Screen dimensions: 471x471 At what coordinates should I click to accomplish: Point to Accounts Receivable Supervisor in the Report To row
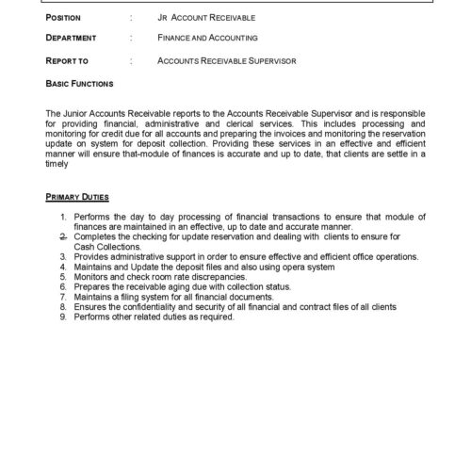[228, 60]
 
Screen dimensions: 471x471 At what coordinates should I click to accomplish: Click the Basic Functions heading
[80, 83]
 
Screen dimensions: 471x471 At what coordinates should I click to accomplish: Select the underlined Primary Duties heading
[77, 197]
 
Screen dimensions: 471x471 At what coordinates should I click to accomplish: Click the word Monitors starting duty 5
[89, 282]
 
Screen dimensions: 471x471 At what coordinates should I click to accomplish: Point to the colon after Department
[131, 39]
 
